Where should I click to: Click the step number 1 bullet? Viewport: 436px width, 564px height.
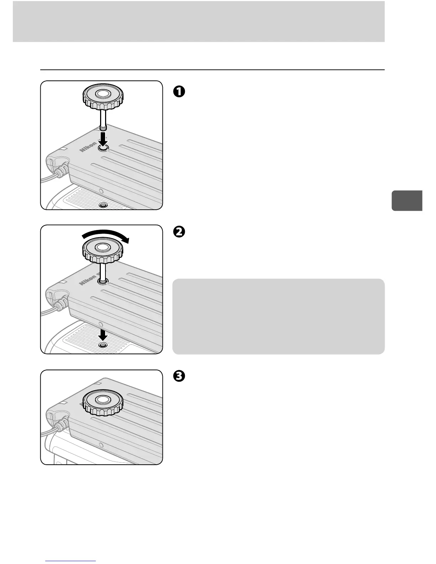pyautogui.click(x=179, y=92)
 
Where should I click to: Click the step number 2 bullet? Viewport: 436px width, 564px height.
pyautogui.click(x=179, y=232)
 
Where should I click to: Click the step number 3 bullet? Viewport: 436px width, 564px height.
pyautogui.click(x=179, y=376)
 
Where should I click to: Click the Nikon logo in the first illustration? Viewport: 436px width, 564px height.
pyautogui.click(x=88, y=147)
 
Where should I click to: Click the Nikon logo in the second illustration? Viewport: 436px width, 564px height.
pyautogui.click(x=88, y=279)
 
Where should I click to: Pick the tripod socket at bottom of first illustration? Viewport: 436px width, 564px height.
pyautogui.click(x=103, y=205)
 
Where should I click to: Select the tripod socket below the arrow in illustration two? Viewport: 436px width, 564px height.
pyautogui.click(x=103, y=346)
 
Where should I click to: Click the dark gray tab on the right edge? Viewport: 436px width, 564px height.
pyautogui.click(x=407, y=201)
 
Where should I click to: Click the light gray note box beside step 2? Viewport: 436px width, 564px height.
pyautogui.click(x=278, y=316)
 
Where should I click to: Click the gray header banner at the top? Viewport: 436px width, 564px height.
pyautogui.click(x=198, y=21)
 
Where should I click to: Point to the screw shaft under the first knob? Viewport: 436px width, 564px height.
pyautogui.click(x=103, y=121)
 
